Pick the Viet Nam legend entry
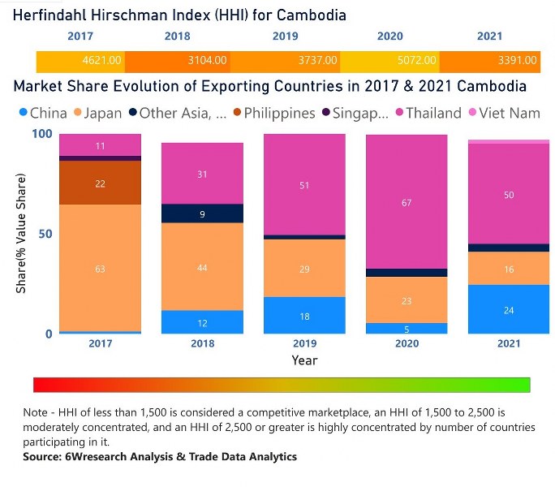(507, 113)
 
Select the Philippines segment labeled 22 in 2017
(100, 183)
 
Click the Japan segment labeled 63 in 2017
(100, 268)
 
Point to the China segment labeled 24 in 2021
(509, 309)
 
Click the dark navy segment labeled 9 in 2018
(203, 213)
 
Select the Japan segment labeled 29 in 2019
(304, 268)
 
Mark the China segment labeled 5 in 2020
(407, 329)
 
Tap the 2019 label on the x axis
(304, 344)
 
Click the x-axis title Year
(304, 360)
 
